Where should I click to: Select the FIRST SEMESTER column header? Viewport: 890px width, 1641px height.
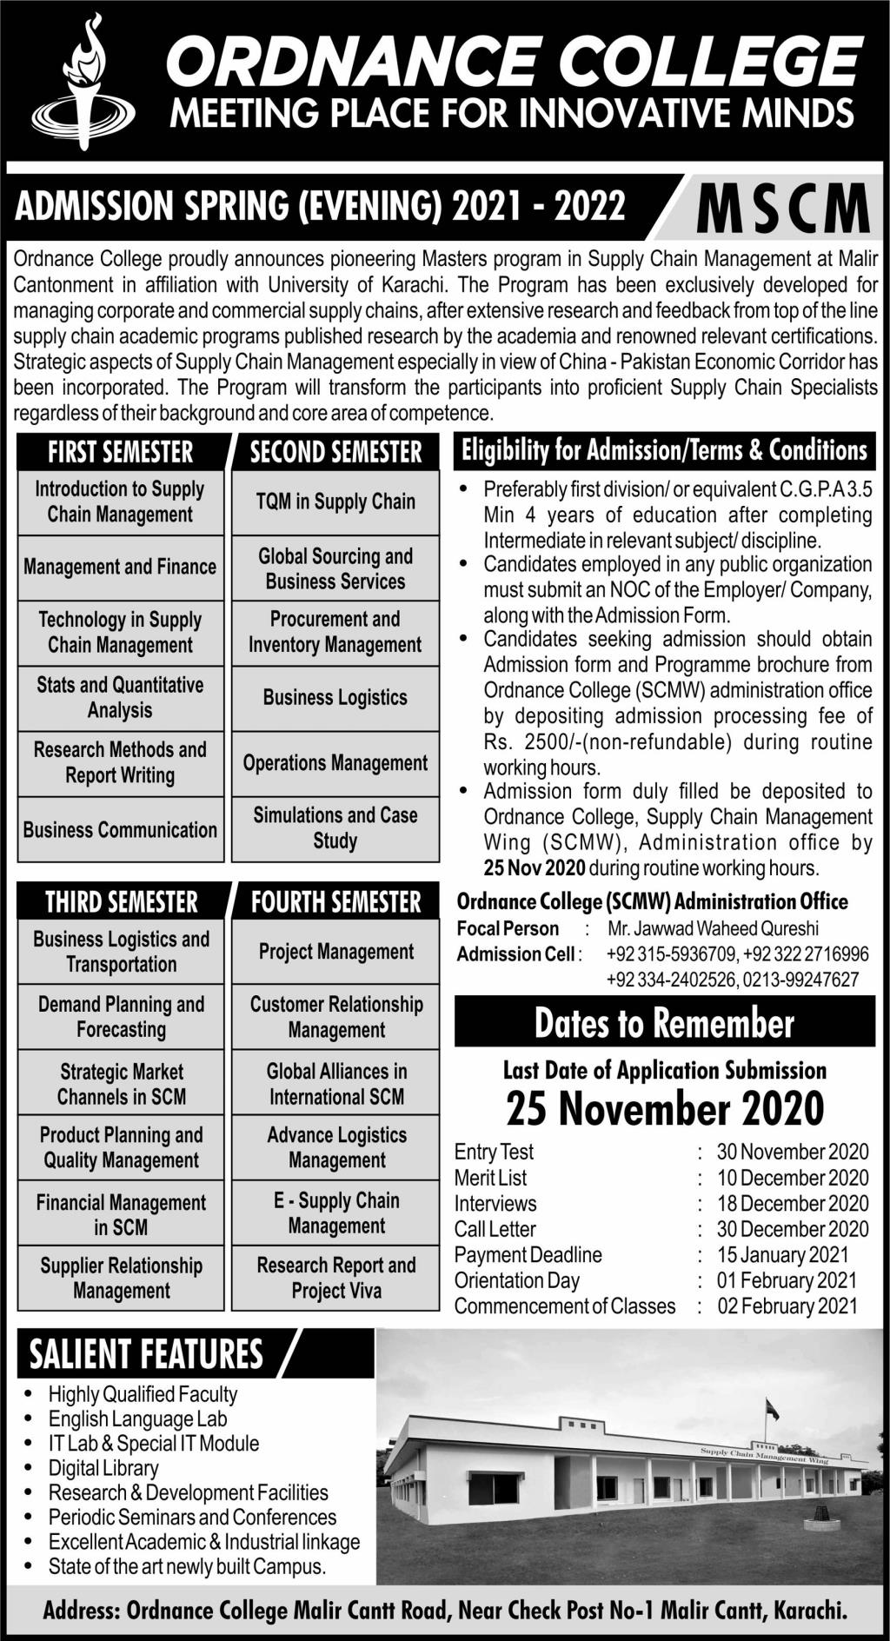click(x=120, y=452)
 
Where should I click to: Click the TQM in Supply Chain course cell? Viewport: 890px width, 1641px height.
click(x=335, y=502)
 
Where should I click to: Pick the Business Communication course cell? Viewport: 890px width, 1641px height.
click(x=120, y=829)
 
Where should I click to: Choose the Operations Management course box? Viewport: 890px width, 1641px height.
click(x=335, y=763)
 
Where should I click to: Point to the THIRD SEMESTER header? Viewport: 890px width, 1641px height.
click(x=121, y=901)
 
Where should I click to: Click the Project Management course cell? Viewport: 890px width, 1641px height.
click(x=336, y=952)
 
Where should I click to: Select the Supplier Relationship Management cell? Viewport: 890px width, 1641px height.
click(x=121, y=1278)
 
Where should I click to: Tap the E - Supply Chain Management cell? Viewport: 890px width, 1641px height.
click(x=336, y=1212)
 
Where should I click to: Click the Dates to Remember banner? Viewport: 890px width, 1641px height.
click(x=664, y=1023)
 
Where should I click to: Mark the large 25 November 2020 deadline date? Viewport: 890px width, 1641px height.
click(x=665, y=1108)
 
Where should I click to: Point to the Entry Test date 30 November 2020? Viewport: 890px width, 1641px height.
click(x=792, y=1152)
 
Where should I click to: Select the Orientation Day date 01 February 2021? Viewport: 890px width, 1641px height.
click(x=786, y=1280)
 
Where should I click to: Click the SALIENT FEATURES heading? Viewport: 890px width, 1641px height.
click(x=146, y=1353)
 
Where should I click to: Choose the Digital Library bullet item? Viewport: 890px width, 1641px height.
click(x=103, y=1468)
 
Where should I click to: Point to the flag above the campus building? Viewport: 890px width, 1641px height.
click(x=771, y=1408)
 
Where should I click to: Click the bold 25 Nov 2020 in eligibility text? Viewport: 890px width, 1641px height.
click(x=535, y=867)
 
